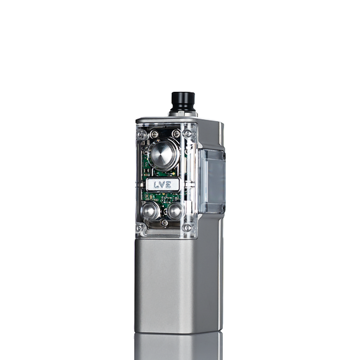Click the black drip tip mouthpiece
point(183,101)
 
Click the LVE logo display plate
point(163,184)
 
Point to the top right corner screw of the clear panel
point(187,133)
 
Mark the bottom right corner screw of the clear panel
point(187,227)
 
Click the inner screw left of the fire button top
point(154,134)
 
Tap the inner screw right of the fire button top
point(177,133)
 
